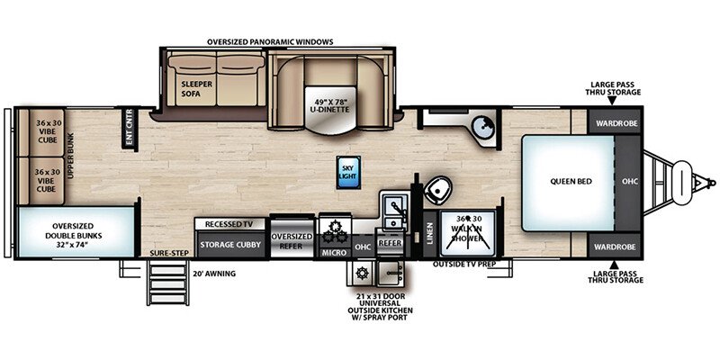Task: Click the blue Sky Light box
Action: point(348,172)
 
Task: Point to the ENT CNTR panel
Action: point(129,129)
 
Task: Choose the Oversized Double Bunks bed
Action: point(76,232)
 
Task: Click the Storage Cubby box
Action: point(231,244)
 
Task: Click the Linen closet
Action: point(430,233)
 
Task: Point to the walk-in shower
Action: point(467,233)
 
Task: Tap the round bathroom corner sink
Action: point(482,125)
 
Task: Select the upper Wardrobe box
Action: point(616,123)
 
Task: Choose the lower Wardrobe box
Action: point(616,247)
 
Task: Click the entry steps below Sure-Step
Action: point(166,283)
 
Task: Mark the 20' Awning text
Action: point(214,274)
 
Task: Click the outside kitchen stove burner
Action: point(362,274)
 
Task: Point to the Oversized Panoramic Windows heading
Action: point(270,41)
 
